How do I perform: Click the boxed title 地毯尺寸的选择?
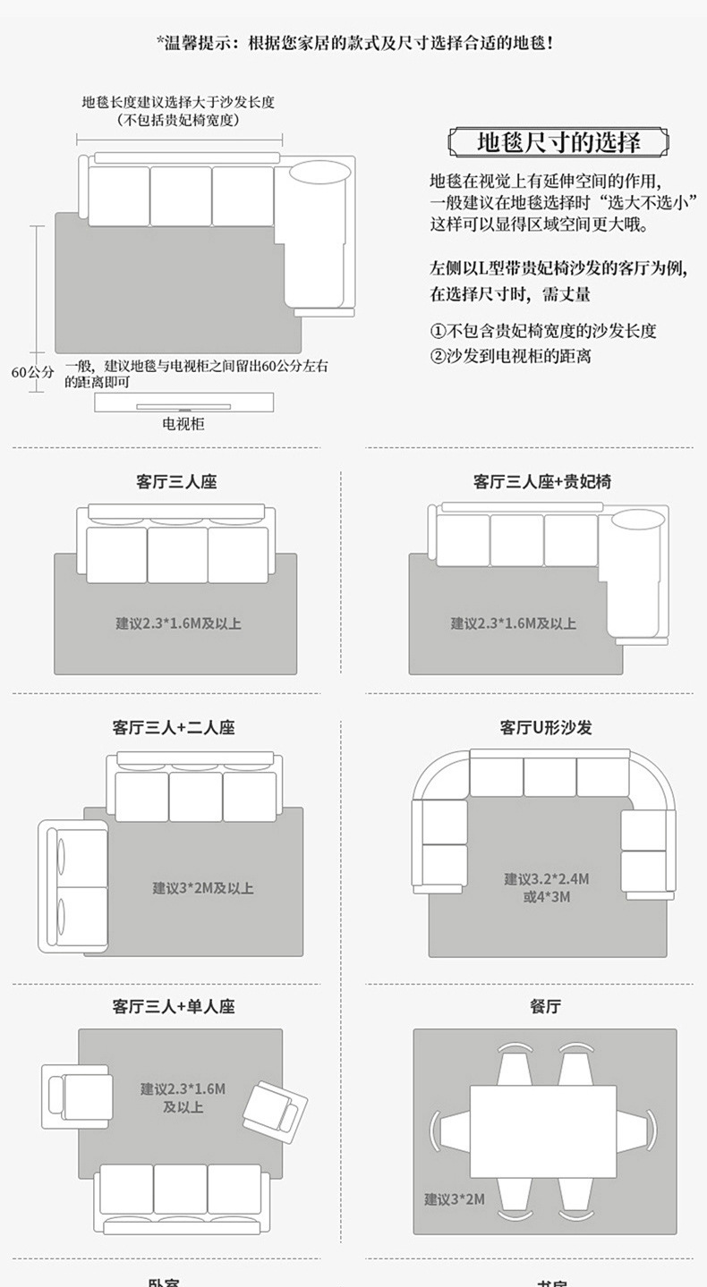(558, 143)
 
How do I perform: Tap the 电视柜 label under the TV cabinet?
(183, 424)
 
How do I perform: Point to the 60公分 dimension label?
(32, 372)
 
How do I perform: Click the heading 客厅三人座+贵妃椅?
(542, 481)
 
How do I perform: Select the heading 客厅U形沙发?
(545, 728)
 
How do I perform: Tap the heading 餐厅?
(545, 1007)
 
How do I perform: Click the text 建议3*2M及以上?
(202, 888)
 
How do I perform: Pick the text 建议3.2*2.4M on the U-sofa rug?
(546, 879)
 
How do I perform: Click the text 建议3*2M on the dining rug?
(454, 1198)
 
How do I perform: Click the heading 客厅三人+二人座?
(173, 728)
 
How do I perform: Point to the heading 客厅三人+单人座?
(173, 1007)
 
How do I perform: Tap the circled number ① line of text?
(543, 331)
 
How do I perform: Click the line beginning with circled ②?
(510, 356)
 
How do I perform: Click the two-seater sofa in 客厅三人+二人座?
(73, 885)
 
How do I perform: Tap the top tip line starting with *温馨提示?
(353, 42)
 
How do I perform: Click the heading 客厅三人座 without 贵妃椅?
(176, 481)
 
